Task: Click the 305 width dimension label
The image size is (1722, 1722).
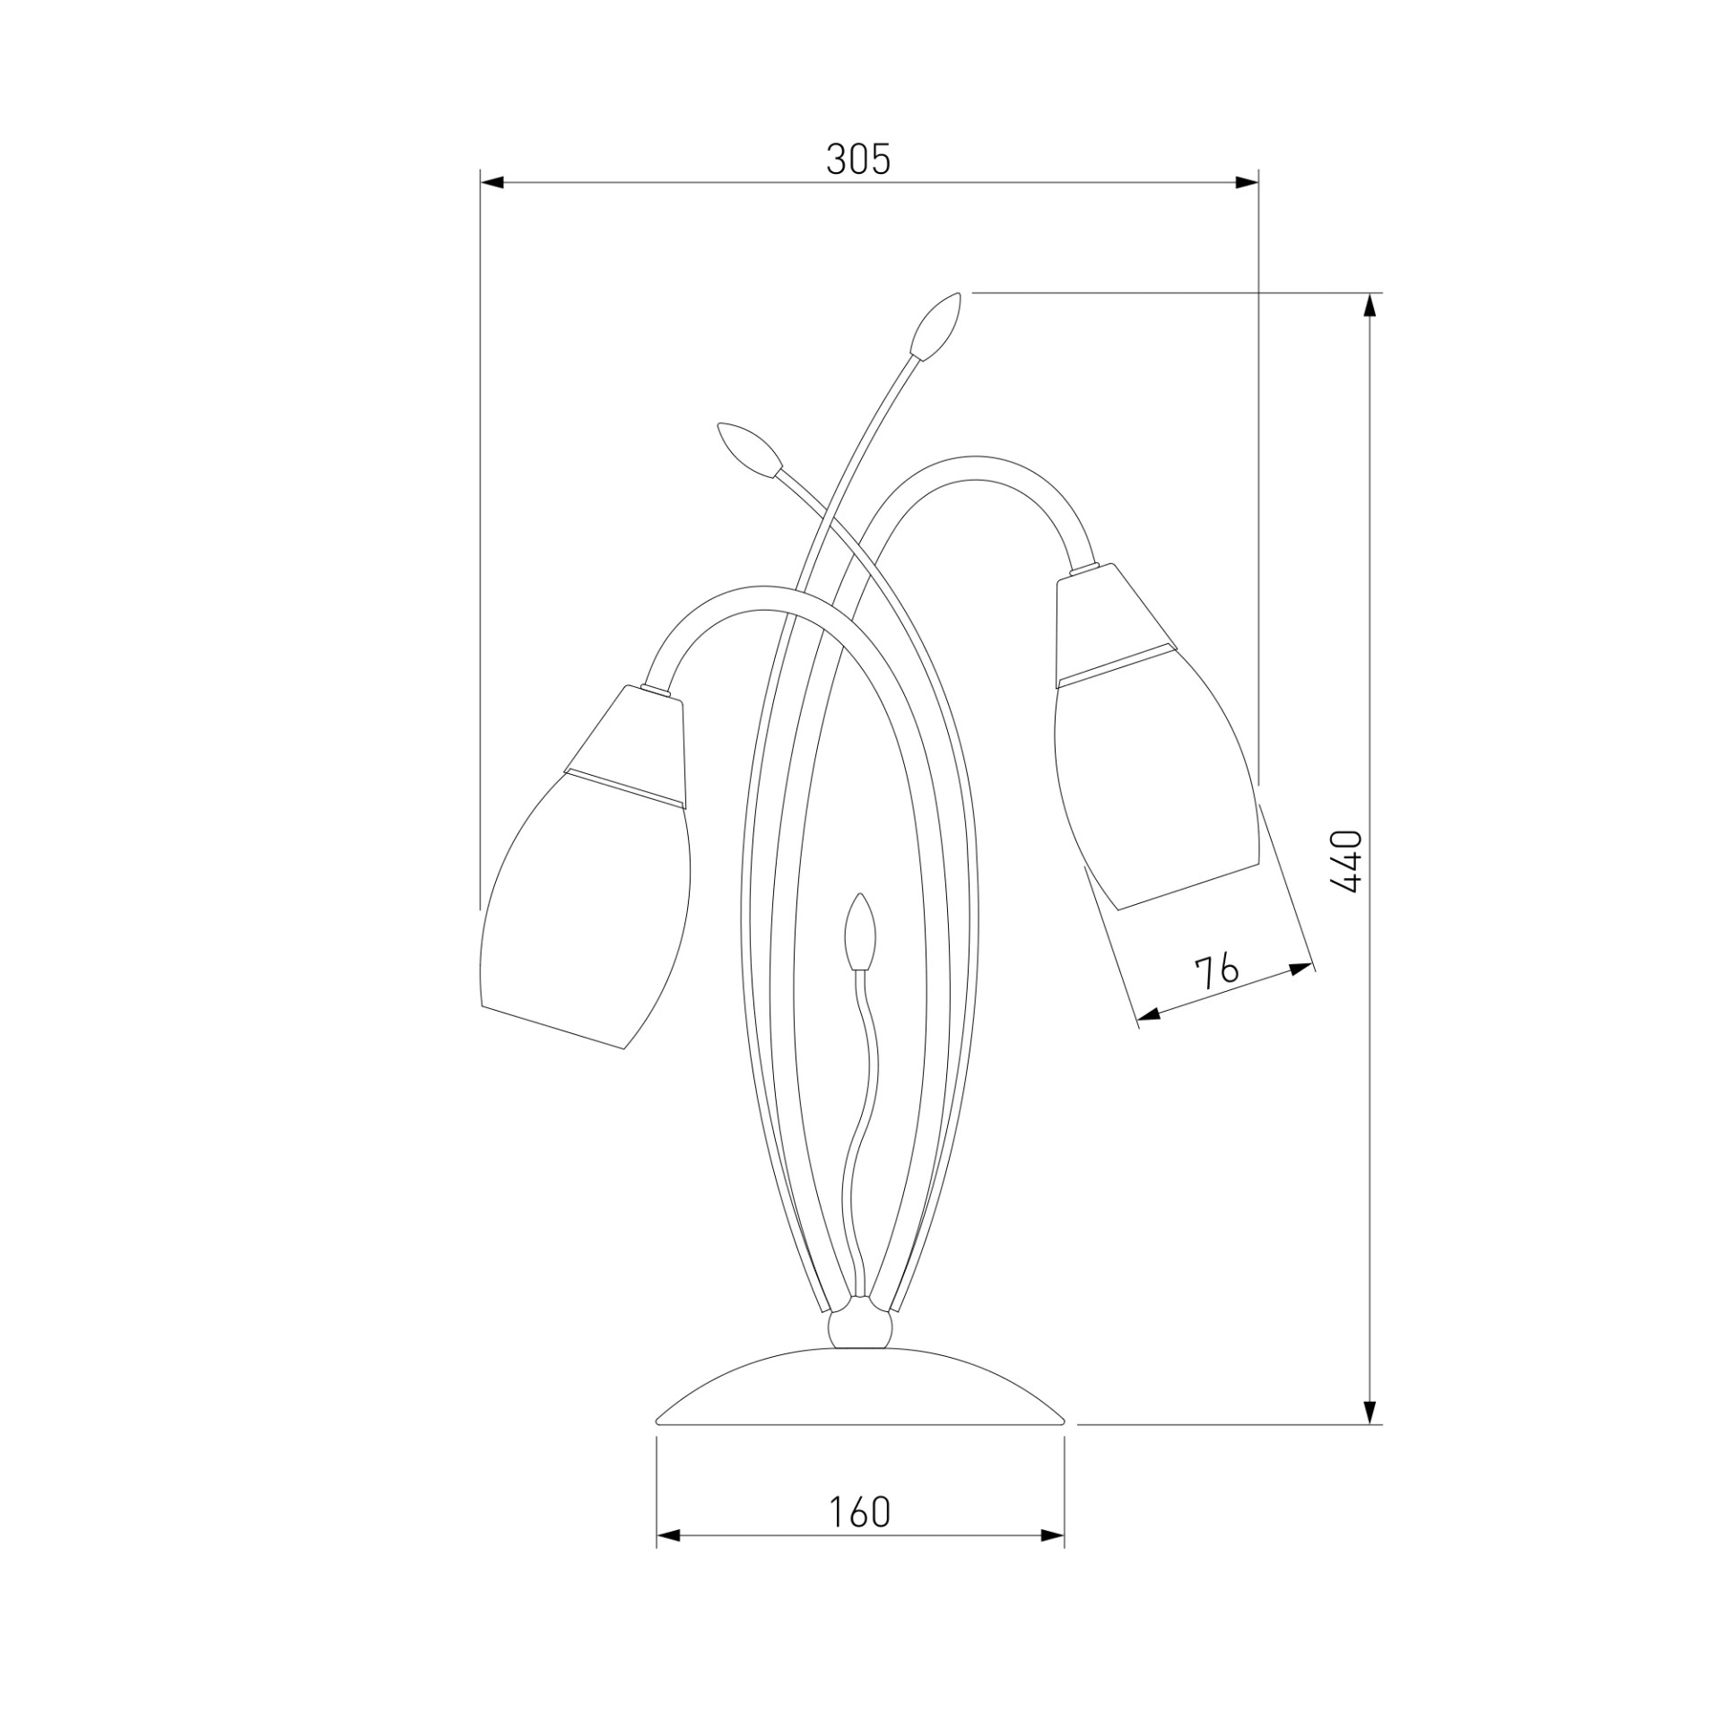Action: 858,160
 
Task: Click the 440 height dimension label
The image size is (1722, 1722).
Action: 1346,861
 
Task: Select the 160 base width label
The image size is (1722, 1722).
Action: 859,1512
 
